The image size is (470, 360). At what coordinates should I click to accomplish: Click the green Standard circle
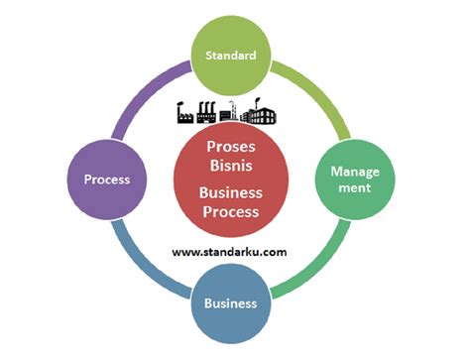tap(231, 56)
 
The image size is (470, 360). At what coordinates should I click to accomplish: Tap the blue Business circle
tap(231, 302)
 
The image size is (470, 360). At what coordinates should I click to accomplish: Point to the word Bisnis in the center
tap(230, 166)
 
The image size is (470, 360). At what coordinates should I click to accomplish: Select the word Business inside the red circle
tap(230, 192)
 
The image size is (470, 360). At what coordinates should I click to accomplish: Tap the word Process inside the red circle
tap(230, 211)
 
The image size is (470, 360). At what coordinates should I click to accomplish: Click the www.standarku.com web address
tap(229, 252)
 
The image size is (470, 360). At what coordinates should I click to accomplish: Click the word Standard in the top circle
tap(231, 56)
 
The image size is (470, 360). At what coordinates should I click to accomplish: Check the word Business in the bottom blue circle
tap(231, 302)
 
